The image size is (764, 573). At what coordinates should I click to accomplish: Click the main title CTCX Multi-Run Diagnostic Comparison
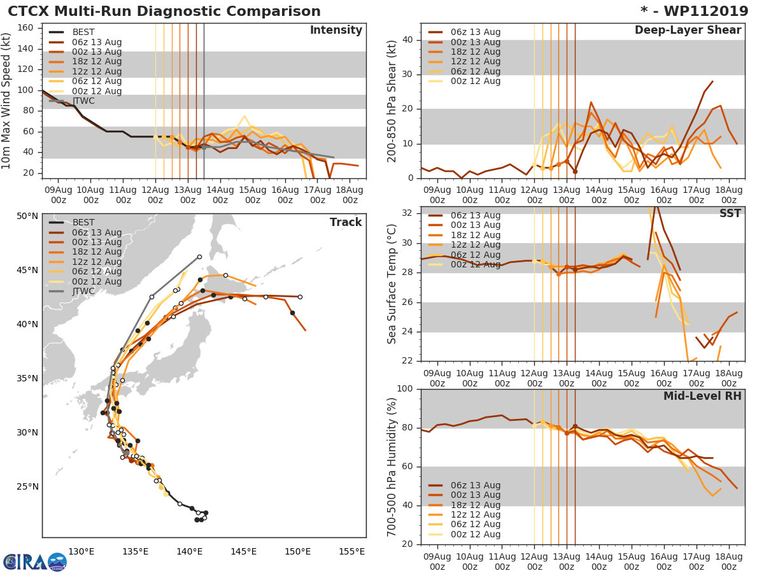click(x=164, y=11)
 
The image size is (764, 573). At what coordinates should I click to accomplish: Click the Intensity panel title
click(x=336, y=31)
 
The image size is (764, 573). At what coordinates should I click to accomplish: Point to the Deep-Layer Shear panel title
click(x=688, y=31)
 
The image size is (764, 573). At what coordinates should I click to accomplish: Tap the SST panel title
click(x=730, y=213)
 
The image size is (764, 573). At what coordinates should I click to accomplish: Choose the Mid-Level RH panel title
click(x=702, y=396)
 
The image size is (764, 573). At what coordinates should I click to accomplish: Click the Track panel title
click(x=346, y=222)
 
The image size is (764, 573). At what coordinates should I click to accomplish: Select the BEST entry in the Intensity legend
click(x=83, y=32)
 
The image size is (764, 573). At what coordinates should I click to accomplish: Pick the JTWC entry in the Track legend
click(x=83, y=292)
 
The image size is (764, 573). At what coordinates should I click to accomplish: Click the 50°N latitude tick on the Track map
click(x=27, y=216)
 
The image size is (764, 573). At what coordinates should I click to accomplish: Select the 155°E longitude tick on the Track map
click(x=351, y=551)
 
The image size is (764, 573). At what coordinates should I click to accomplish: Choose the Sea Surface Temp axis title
click(x=392, y=284)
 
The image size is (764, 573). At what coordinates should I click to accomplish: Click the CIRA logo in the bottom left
click(x=33, y=562)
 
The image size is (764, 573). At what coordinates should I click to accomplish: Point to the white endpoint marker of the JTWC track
click(x=199, y=257)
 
